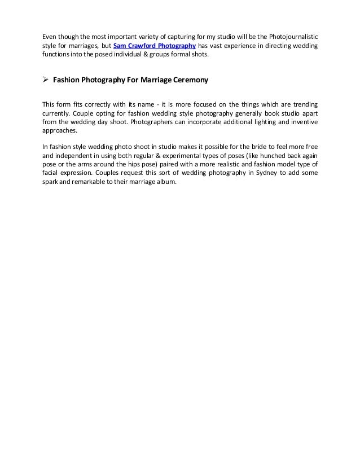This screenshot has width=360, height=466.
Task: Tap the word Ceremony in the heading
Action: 188,80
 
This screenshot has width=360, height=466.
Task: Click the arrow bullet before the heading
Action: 46,80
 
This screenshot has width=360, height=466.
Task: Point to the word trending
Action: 303,104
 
